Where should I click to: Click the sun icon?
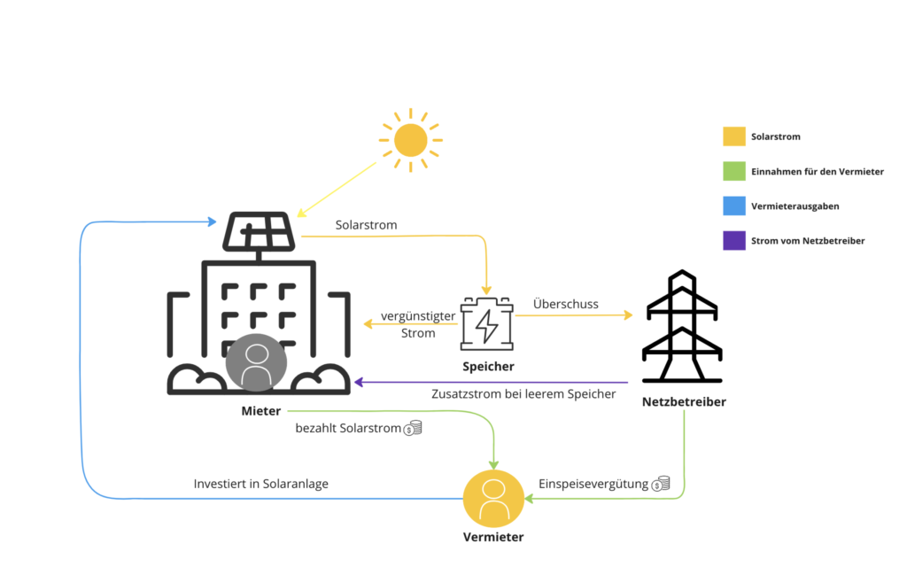pos(410,140)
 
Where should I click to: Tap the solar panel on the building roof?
pos(260,233)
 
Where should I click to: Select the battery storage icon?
pos(486,325)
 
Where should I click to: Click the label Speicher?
pos(487,367)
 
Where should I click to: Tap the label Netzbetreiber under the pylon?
pos(684,402)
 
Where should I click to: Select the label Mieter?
pos(261,411)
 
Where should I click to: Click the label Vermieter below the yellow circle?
pos(493,537)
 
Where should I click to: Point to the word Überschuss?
pos(566,304)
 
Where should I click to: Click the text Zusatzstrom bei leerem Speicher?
pos(523,393)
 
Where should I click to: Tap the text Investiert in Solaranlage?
pos(260,485)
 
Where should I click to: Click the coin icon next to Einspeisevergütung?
pos(661,484)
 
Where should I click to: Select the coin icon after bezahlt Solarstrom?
pos(413,429)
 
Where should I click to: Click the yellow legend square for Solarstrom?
pos(734,136)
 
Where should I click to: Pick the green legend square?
pos(734,171)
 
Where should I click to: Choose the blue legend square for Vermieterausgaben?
pos(734,206)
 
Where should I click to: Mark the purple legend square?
pos(734,240)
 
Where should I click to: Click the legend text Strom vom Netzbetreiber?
pos(807,240)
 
